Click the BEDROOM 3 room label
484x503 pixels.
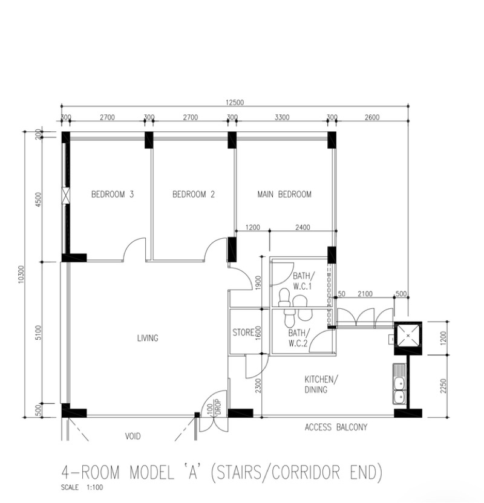click(113, 194)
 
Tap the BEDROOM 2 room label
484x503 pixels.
click(194, 194)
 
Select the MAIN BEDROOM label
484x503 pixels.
click(284, 194)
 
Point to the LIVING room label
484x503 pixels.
click(148, 338)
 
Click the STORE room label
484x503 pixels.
click(244, 333)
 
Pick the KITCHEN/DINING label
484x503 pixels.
click(321, 385)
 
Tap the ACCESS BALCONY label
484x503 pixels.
click(336, 427)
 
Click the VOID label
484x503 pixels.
click(133, 436)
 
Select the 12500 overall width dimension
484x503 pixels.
click(235, 102)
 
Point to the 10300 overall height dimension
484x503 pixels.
click(21, 274)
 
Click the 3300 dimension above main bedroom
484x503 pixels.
click(282, 117)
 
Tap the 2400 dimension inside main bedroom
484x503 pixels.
click(302, 227)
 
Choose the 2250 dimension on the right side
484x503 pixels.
click(443, 386)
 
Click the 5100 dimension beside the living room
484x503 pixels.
click(38, 333)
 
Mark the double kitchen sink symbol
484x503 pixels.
click(399, 383)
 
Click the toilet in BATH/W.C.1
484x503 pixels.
click(284, 297)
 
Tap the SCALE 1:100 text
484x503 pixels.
click(82, 487)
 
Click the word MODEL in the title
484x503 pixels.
click(152, 472)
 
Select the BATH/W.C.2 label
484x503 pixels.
click(298, 338)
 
